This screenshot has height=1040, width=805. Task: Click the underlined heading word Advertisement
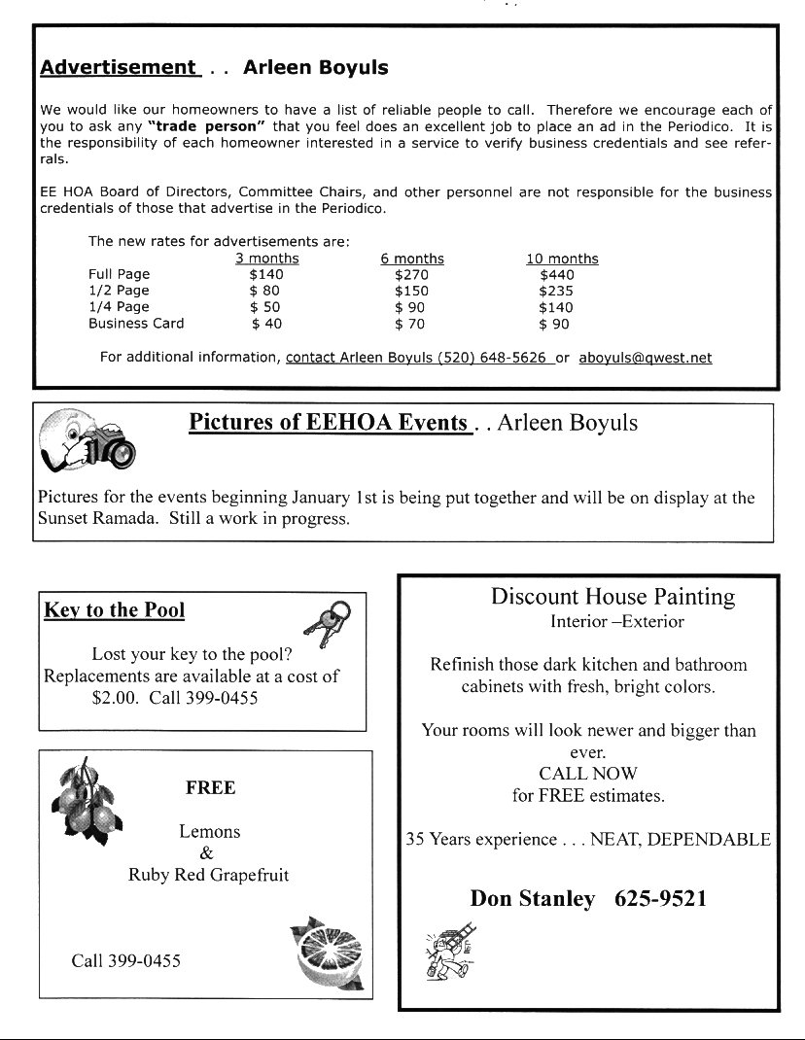[x=118, y=68]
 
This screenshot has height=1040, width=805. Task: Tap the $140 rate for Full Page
[x=266, y=275]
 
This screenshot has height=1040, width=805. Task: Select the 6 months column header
[x=412, y=259]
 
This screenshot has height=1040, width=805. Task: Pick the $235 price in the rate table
[x=556, y=291]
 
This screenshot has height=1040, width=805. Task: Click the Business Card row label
[x=136, y=324]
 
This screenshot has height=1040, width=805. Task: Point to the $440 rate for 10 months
[x=557, y=275]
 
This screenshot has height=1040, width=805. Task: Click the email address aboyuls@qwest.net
[x=646, y=358]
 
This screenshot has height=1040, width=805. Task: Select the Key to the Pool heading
[x=115, y=610]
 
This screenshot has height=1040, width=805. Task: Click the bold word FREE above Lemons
[x=210, y=788]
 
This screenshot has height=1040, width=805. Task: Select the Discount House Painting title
[x=612, y=596]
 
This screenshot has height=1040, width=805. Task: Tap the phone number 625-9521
[x=660, y=899]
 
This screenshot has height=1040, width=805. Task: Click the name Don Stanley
[x=533, y=899]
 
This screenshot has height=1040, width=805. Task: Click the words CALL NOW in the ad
[x=588, y=774]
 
